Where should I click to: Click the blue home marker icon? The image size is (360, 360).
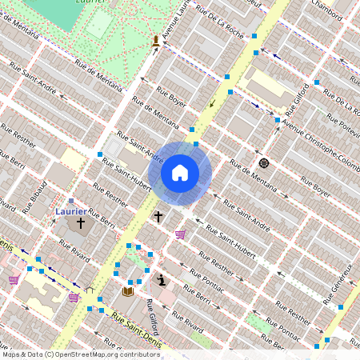180,173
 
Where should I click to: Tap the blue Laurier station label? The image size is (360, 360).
71,211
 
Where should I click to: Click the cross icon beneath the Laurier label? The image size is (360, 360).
81,225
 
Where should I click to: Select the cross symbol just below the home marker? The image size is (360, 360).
158,216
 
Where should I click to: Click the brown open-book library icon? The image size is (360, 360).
127,291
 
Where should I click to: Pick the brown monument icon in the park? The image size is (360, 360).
155,41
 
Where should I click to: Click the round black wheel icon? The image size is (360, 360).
263,163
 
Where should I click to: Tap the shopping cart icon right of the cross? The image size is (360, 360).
181,234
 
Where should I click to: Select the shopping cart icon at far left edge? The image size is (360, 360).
14,279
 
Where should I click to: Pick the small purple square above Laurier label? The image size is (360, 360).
71,201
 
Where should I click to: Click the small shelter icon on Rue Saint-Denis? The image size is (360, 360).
90,290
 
